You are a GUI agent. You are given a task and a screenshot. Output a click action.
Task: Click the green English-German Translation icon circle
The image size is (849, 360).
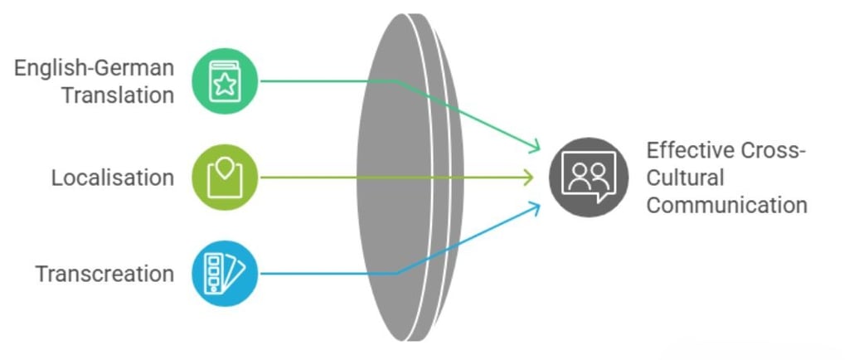pyautogui.click(x=225, y=80)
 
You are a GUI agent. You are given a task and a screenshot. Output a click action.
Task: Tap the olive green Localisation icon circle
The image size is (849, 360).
pyautogui.click(x=225, y=177)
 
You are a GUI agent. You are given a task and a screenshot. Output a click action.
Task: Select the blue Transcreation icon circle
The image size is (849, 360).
pyautogui.click(x=225, y=273)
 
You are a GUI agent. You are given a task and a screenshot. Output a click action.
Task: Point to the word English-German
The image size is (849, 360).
pyautogui.click(x=94, y=67)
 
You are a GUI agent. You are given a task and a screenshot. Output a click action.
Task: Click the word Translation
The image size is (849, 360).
pyautogui.click(x=118, y=95)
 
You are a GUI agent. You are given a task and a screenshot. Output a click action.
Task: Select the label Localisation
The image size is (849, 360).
pyautogui.click(x=113, y=178)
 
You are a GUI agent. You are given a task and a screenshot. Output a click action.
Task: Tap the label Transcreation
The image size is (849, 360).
pyautogui.click(x=104, y=274)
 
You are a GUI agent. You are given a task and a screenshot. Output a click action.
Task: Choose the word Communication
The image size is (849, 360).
pyautogui.click(x=726, y=204)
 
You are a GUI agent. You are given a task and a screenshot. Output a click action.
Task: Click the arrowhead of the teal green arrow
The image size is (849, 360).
pyautogui.click(x=536, y=147)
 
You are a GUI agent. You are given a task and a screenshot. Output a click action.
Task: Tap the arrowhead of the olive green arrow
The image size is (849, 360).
pyautogui.click(x=528, y=177)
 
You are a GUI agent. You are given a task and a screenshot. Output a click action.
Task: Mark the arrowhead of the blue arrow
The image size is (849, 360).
pyautogui.click(x=536, y=207)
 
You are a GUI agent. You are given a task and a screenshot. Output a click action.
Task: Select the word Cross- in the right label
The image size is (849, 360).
pyautogui.click(x=774, y=151)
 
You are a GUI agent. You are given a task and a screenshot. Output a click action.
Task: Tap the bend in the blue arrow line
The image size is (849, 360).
pyautogui.click(x=397, y=273)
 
